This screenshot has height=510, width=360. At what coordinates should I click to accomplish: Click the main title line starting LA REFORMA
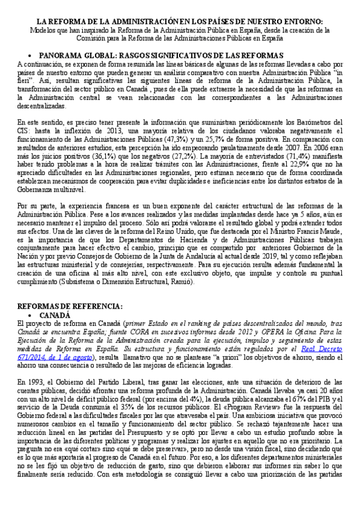180,20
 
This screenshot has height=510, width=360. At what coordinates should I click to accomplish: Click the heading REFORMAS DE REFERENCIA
70,306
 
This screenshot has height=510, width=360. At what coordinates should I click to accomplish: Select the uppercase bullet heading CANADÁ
55,315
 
